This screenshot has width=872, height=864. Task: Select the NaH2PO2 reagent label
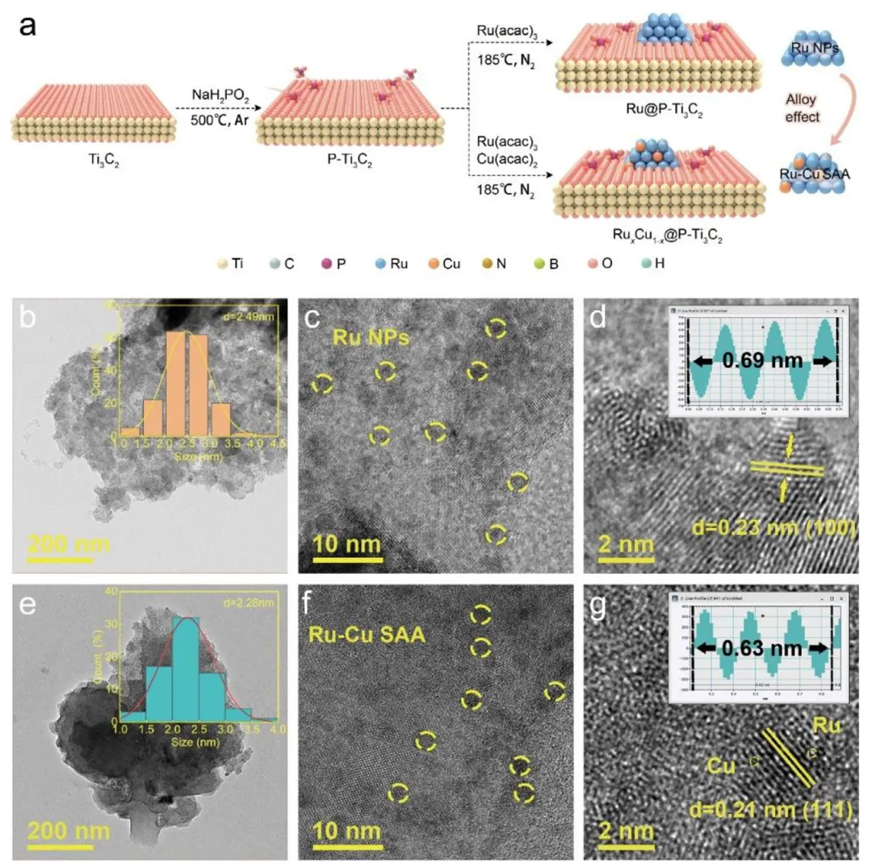212,96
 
